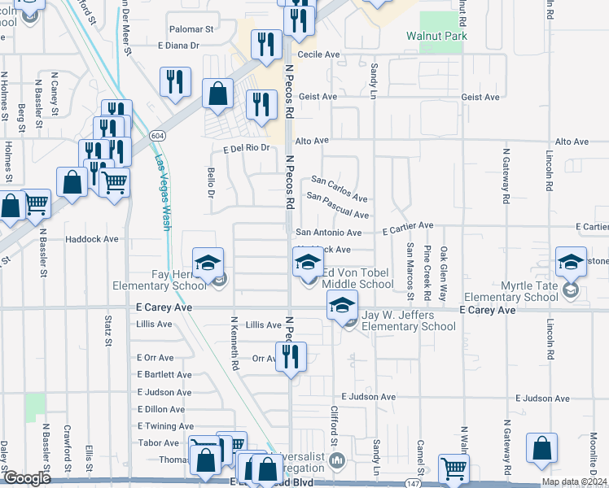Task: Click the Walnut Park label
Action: [436, 36]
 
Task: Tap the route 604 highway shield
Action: [157, 134]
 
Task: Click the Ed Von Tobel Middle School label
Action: [358, 278]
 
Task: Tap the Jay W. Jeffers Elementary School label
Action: [408, 321]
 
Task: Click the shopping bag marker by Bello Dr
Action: [218, 94]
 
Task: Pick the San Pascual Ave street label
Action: [338, 205]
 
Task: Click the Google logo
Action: [27, 478]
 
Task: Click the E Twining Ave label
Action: [165, 426]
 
